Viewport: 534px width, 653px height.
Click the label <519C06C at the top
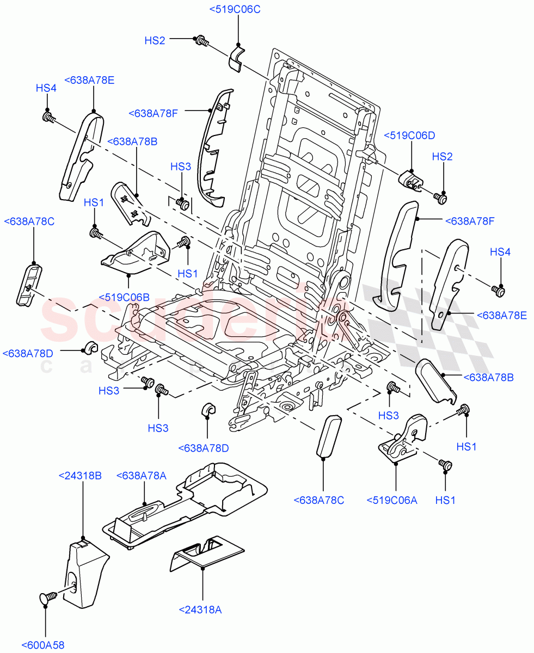click(x=235, y=9)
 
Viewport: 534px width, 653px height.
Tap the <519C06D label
click(x=410, y=136)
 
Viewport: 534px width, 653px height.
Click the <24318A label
click(x=200, y=610)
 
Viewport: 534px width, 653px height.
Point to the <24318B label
click(x=79, y=476)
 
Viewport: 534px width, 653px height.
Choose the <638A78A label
click(x=141, y=476)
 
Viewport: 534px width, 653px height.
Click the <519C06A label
click(x=392, y=500)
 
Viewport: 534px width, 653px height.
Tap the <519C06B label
click(x=124, y=297)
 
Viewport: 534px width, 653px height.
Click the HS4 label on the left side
click(x=46, y=88)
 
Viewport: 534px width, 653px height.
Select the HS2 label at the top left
click(x=155, y=40)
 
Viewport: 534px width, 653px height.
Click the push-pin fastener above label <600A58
click(x=47, y=597)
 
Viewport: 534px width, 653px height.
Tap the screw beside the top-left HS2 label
click(x=201, y=40)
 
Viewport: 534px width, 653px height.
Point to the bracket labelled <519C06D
click(x=411, y=180)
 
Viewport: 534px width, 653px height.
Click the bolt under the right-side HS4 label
click(x=498, y=291)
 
